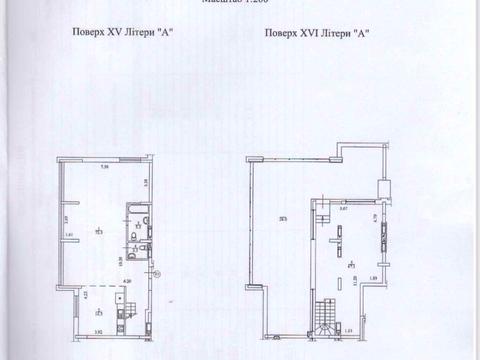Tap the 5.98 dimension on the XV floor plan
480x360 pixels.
104,166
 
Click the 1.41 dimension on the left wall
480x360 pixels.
69,235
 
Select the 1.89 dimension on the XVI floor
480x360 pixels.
373,278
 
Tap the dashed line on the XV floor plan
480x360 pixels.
100,276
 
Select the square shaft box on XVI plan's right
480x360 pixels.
385,185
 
